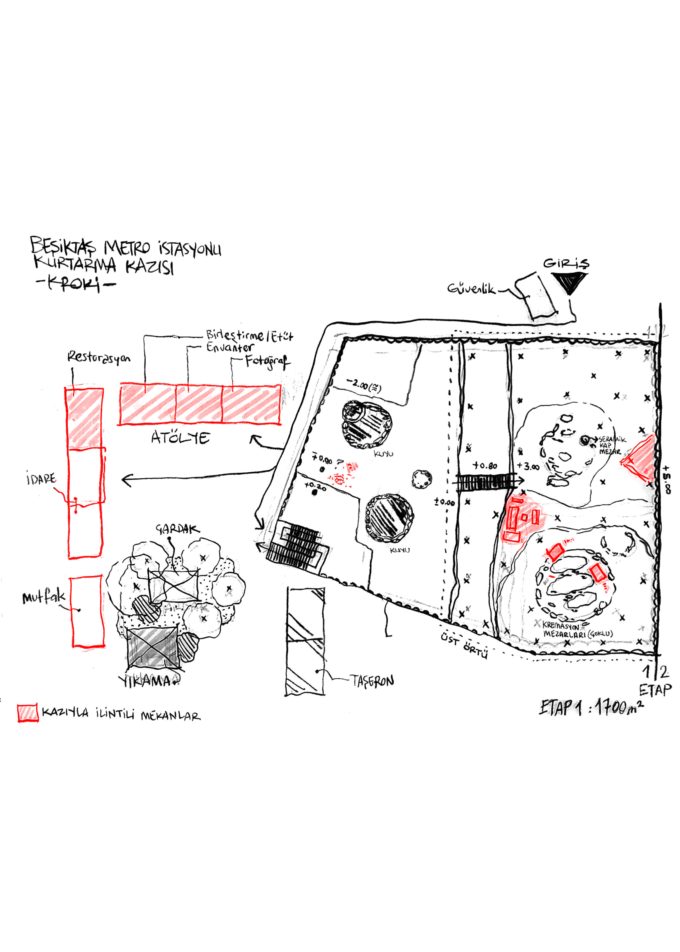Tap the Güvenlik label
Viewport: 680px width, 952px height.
click(471, 289)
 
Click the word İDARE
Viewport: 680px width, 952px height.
click(41, 478)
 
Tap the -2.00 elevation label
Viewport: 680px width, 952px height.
click(364, 385)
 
